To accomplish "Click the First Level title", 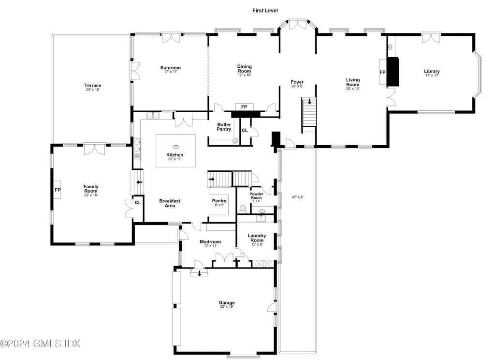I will [265, 10].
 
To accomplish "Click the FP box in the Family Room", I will [58, 190].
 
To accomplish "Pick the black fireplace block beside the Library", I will [394, 72].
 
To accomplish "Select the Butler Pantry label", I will [224, 127].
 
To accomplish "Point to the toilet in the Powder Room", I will [243, 209].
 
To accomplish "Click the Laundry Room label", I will [257, 238].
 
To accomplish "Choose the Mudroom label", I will [210, 242].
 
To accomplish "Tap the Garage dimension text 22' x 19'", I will [227, 307].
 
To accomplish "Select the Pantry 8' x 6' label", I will [219, 203].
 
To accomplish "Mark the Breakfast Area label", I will [170, 203].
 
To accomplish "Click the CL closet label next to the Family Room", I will [138, 202].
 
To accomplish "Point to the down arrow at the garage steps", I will [199, 273].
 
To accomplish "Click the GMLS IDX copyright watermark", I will [41, 344].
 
